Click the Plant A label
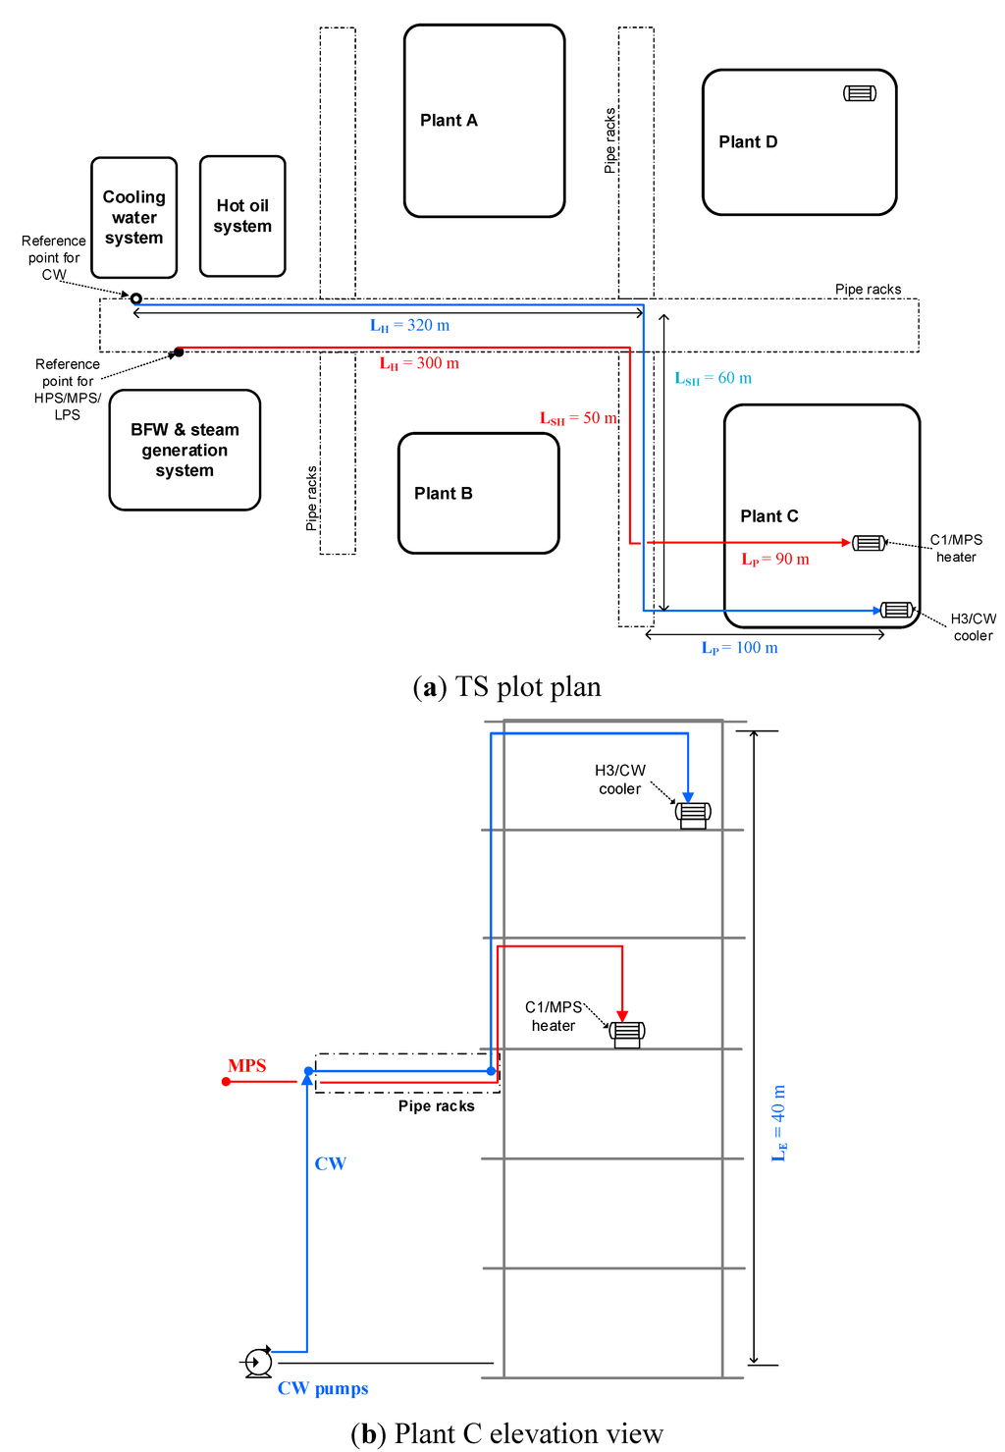click(x=449, y=121)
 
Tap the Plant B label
click(x=443, y=494)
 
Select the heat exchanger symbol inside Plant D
click(x=860, y=93)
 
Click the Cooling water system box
click(x=134, y=218)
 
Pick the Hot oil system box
click(x=242, y=216)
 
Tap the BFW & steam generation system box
click(x=185, y=451)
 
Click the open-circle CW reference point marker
click(x=136, y=298)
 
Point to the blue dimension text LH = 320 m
click(x=409, y=326)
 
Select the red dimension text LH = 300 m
click(x=419, y=363)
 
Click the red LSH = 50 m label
click(x=578, y=418)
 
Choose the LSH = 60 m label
click(x=713, y=378)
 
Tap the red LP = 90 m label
click(x=774, y=560)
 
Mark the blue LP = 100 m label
click(x=739, y=648)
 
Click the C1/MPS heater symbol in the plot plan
click(x=869, y=543)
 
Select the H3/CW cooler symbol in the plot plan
click(x=897, y=610)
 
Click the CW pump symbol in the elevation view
click(x=258, y=1362)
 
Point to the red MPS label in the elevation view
click(x=246, y=1066)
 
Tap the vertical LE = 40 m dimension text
click(x=778, y=1123)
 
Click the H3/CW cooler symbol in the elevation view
click(x=693, y=813)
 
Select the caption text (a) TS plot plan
click(x=506, y=687)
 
